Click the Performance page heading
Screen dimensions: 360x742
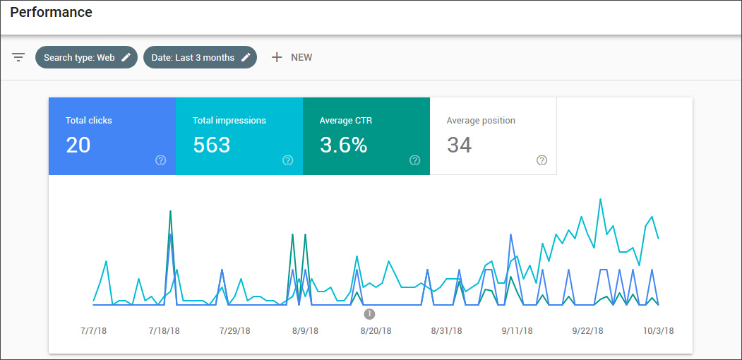[51, 13]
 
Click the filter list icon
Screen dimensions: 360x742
[18, 57]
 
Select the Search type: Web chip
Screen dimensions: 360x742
[79, 58]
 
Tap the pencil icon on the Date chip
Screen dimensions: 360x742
[246, 58]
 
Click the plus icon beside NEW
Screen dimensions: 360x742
[277, 57]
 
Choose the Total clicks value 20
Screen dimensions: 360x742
[78, 145]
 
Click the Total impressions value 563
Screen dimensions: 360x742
[212, 145]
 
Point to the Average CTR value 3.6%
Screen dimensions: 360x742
[343, 145]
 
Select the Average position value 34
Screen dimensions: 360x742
[459, 145]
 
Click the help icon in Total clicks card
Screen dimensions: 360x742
[160, 160]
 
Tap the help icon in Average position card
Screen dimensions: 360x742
[541, 160]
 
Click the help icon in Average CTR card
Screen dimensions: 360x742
[414, 160]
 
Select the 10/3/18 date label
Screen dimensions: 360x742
[659, 330]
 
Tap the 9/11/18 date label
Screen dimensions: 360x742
[516, 330]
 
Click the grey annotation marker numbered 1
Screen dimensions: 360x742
[369, 314]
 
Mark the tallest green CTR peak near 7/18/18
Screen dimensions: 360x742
[171, 211]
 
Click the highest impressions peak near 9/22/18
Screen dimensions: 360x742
[600, 199]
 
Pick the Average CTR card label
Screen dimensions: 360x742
[346, 121]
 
